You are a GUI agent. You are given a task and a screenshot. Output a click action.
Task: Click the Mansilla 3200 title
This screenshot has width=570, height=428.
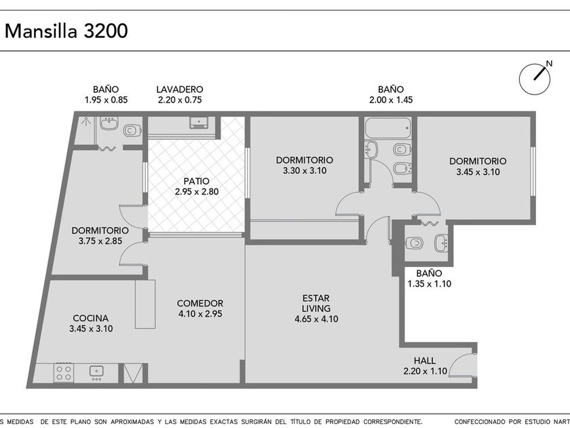(x=66, y=31)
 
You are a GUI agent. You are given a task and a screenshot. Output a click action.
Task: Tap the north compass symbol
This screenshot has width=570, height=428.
(x=535, y=79)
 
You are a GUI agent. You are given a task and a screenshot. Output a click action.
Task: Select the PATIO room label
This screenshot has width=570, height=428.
(x=196, y=181)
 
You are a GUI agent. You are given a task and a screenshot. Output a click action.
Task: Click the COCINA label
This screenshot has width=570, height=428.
(x=90, y=318)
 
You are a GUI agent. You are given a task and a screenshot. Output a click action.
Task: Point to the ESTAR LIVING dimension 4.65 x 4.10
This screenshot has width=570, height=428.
(x=316, y=319)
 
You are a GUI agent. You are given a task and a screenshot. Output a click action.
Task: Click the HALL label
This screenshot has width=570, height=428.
(x=425, y=361)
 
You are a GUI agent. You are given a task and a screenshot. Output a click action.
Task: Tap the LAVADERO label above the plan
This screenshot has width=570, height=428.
(x=180, y=89)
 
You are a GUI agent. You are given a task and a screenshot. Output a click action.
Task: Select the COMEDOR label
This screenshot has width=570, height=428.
(x=200, y=303)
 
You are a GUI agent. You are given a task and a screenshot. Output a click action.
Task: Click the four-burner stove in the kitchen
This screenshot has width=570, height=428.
(x=64, y=372)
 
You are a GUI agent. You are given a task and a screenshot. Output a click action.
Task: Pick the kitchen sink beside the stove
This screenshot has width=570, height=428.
(x=96, y=372)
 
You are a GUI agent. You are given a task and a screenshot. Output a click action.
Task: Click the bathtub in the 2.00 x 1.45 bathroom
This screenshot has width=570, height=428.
(x=388, y=128)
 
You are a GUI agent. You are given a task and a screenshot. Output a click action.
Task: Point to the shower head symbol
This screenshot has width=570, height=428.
(x=85, y=121)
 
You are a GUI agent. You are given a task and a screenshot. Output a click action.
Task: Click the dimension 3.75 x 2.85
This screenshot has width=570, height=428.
(x=100, y=241)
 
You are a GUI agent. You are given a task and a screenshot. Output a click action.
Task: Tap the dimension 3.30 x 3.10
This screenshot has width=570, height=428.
(x=305, y=171)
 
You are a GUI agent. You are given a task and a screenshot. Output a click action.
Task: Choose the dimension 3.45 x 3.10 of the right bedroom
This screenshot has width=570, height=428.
(x=478, y=172)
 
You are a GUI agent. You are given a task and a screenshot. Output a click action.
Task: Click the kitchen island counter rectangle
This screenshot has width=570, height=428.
(x=145, y=304)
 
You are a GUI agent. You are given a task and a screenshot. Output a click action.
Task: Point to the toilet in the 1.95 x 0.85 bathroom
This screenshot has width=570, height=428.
(x=132, y=130)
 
